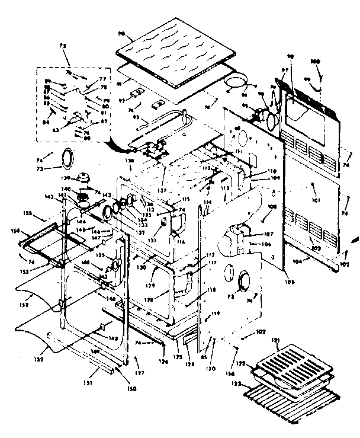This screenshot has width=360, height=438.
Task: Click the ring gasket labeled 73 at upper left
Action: (69, 158)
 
